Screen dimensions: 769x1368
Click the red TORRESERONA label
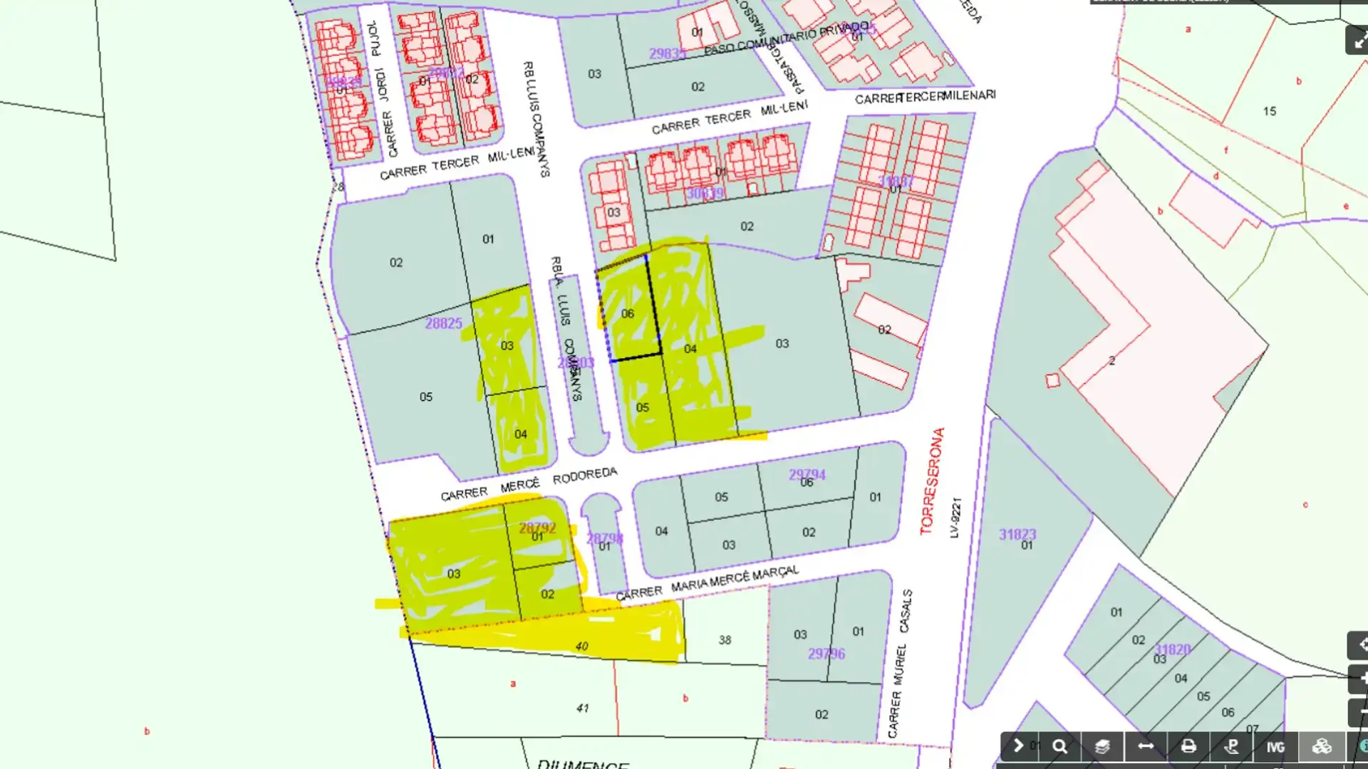[931, 481]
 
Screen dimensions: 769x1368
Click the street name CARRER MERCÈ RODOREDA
[529, 484]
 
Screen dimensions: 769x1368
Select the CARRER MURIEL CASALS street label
[899, 663]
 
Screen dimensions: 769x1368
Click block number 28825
[443, 323]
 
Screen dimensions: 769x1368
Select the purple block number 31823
[1017, 534]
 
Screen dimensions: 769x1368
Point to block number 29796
[826, 654]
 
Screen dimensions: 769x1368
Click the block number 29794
[807, 474]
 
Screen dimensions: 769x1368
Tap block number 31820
[1172, 649]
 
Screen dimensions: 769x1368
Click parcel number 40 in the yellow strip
[581, 647]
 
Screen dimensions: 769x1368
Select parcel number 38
[725, 640]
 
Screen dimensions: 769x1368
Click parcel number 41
[583, 708]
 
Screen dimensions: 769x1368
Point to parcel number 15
[1269, 111]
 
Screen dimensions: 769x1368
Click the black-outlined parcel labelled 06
[628, 313]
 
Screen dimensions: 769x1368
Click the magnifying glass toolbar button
[1059, 746]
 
